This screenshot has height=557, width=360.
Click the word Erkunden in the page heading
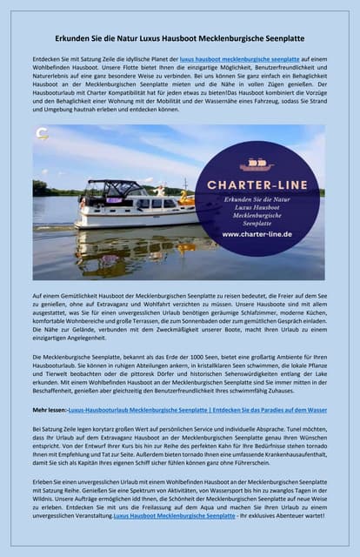(75, 38)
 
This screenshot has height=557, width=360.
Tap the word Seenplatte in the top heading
(279, 38)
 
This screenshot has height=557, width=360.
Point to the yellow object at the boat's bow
(186, 198)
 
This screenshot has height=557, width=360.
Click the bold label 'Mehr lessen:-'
(50, 409)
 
